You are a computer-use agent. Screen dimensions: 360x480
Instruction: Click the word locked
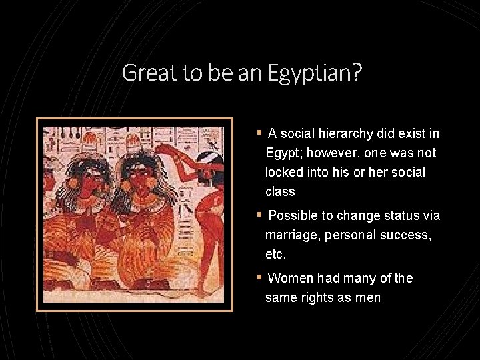(x=283, y=172)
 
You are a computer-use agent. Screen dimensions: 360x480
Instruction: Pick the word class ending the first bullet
(x=279, y=191)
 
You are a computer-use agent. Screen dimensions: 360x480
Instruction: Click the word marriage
(x=291, y=235)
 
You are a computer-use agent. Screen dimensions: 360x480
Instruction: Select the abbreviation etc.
(x=276, y=254)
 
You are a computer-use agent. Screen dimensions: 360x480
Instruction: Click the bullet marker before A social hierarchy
(x=259, y=134)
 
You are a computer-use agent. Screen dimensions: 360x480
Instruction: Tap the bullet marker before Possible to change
(x=259, y=216)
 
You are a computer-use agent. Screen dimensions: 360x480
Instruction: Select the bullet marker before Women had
(x=259, y=278)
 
